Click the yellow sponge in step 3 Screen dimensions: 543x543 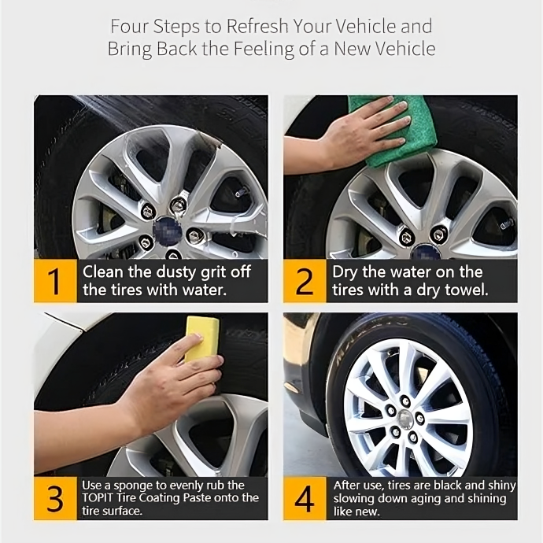click(x=201, y=338)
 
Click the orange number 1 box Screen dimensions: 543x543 click(x=55, y=281)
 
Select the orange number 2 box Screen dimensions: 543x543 click(x=305, y=281)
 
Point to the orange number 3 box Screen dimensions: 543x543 click(x=55, y=498)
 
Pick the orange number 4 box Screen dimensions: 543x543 click(x=305, y=498)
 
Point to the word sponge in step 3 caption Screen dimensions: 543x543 click(x=133, y=486)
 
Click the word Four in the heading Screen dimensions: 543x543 click(x=129, y=26)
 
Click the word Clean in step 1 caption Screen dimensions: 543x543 click(x=103, y=271)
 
